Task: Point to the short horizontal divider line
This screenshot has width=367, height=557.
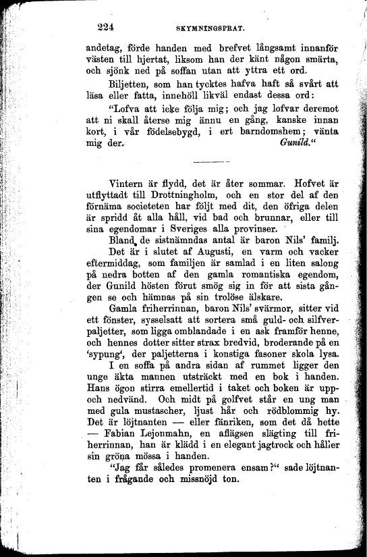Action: click(210, 161)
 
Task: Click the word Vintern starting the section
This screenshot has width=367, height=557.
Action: click(130, 183)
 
